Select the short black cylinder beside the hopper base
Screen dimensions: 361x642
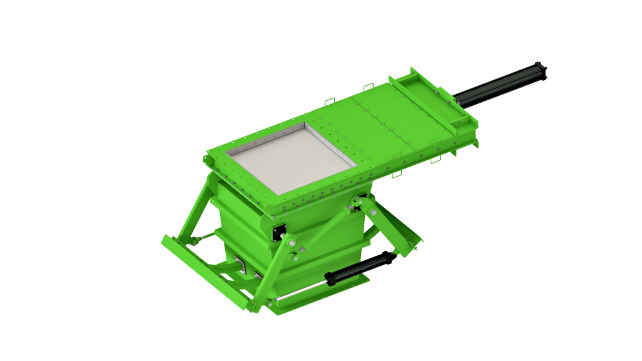coord(360,268)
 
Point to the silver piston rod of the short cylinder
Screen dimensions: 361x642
coord(301,291)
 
